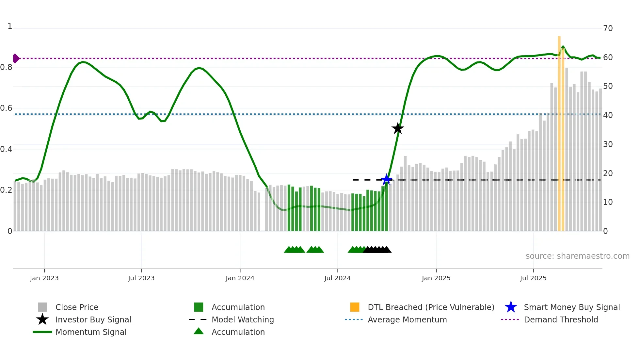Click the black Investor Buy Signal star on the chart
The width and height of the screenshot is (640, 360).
[x=397, y=128]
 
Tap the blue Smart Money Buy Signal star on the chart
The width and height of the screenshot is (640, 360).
[x=387, y=179]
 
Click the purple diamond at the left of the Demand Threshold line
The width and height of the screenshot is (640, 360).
[x=16, y=58]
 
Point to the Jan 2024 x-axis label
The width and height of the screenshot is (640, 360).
[x=240, y=278]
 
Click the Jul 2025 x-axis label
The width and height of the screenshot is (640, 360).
[x=533, y=278]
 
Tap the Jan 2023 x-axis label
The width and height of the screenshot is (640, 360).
[x=44, y=278]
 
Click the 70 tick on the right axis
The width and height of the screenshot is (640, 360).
[x=608, y=28]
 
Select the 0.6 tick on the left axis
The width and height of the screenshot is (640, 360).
[x=6, y=108]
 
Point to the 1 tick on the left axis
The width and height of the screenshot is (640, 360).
[x=10, y=26]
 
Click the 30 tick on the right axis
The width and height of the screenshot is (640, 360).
[x=608, y=144]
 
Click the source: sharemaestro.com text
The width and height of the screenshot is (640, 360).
[x=577, y=256]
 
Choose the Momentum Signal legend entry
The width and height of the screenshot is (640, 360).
[x=91, y=332]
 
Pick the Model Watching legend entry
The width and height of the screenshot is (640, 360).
[x=242, y=319]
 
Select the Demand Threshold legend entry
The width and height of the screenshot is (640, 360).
[x=561, y=319]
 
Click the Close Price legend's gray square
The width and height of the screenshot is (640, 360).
[x=42, y=307]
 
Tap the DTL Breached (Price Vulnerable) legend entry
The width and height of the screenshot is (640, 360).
[x=431, y=307]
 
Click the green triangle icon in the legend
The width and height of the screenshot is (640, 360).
[x=199, y=332]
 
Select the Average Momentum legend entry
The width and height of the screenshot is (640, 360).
[x=407, y=319]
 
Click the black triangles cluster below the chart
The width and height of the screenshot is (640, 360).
[x=377, y=250]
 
